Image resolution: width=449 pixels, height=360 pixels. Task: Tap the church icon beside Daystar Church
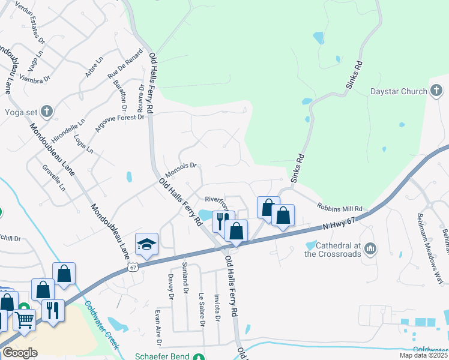(x=437, y=91)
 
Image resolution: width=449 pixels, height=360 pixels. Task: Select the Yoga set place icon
(x=47, y=111)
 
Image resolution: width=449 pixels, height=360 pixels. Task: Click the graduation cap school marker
(x=146, y=244)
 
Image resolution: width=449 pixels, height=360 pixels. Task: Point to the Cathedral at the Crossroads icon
(x=370, y=248)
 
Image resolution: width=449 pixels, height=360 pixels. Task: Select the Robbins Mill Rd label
(x=340, y=207)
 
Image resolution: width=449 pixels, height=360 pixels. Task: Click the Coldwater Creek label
(x=101, y=325)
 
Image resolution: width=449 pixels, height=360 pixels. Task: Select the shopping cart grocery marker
(x=24, y=320)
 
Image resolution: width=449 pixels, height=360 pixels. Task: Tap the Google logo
(x=20, y=352)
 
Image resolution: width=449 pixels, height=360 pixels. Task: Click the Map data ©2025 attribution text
(x=423, y=355)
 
